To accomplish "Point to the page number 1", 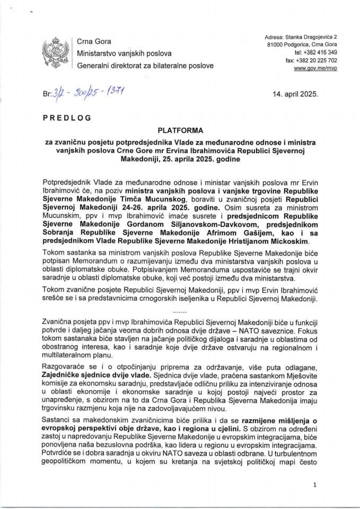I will click(x=315, y=485).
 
